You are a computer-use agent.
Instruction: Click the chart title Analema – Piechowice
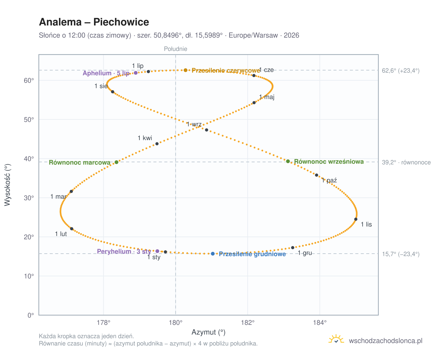tap(94, 22)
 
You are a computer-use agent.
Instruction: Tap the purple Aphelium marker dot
tap(136, 73)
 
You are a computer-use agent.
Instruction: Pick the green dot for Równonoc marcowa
tap(116, 162)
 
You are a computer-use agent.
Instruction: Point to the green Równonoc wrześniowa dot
tap(288, 161)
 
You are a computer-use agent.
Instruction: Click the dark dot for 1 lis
tap(356, 219)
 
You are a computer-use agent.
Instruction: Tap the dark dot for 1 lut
tap(72, 228)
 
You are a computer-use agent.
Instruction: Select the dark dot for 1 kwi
tap(157, 144)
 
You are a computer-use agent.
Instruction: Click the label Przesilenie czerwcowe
tap(226, 70)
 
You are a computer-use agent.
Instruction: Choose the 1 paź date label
tap(329, 180)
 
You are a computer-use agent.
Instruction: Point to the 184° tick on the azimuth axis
tap(320, 322)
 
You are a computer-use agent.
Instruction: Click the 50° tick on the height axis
tap(29, 120)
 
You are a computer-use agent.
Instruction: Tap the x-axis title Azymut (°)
tap(208, 332)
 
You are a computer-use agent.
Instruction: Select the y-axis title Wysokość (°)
tap(7, 185)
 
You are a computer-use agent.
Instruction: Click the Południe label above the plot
tap(175, 49)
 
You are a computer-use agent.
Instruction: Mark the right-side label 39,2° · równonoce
tap(406, 162)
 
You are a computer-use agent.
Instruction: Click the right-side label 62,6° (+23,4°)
tap(400, 71)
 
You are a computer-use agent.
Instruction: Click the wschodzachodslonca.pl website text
tap(385, 341)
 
